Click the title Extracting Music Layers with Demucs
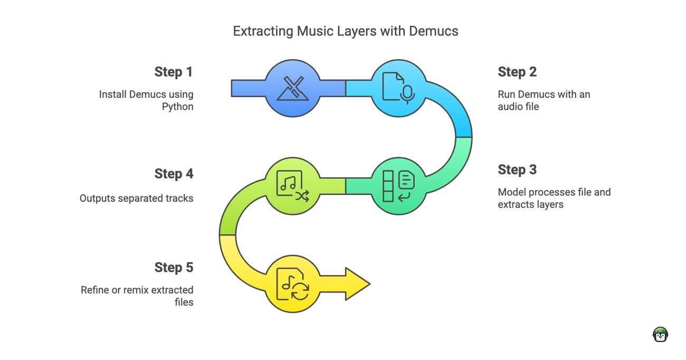pyautogui.click(x=346, y=31)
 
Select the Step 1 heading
pyautogui.click(x=174, y=72)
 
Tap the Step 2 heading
pyautogui.click(x=517, y=72)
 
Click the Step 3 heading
pyautogui.click(x=517, y=170)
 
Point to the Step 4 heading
pyautogui.click(x=174, y=174)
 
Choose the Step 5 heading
pyautogui.click(x=174, y=268)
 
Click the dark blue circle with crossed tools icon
pyautogui.click(x=292, y=88)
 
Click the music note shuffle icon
pyautogui.click(x=292, y=186)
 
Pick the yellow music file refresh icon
pyautogui.click(x=292, y=285)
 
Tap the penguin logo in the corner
pyautogui.click(x=660, y=335)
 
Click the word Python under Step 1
pyautogui.click(x=177, y=107)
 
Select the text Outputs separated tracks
pyautogui.click(x=136, y=198)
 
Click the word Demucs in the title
pyautogui.click(x=433, y=31)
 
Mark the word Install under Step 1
pyautogui.click(x=113, y=94)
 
